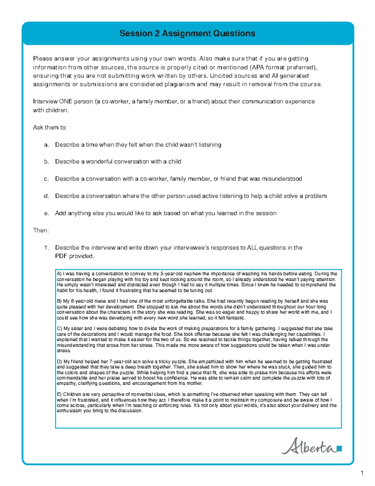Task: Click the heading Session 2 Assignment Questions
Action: click(x=187, y=33)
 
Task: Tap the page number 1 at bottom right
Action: click(x=362, y=473)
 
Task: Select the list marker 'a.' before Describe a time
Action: click(x=47, y=145)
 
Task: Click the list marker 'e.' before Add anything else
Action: click(x=47, y=213)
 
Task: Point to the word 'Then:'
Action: click(x=41, y=230)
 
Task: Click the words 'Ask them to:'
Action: click(x=50, y=127)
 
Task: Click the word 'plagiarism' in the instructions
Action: click(x=180, y=84)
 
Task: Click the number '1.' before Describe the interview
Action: click(x=47, y=248)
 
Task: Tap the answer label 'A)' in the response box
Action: click(x=59, y=274)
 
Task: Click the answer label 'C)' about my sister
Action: click(x=59, y=329)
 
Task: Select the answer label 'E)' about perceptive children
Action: click(x=59, y=394)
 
